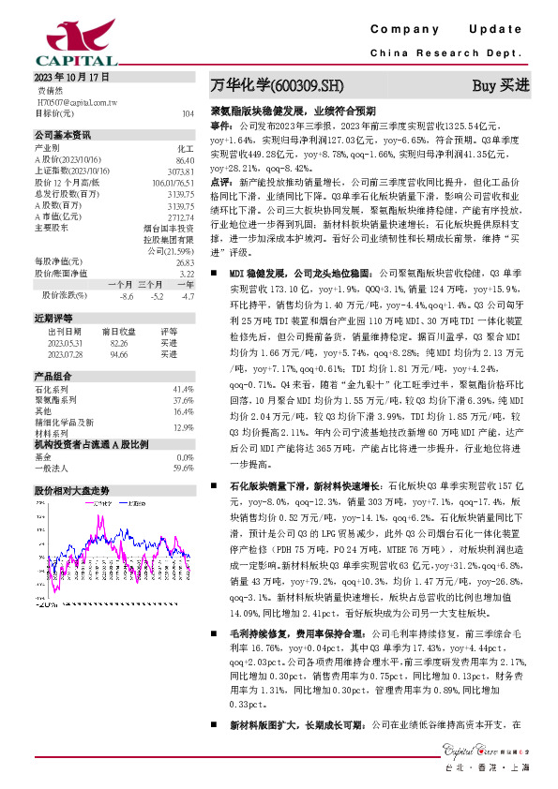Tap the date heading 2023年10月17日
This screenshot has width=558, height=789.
(x=60, y=77)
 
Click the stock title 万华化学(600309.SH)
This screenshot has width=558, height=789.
(x=277, y=85)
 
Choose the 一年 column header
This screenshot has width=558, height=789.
(x=186, y=283)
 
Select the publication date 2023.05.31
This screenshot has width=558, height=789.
(x=65, y=343)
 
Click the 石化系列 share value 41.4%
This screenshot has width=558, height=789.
(x=184, y=388)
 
